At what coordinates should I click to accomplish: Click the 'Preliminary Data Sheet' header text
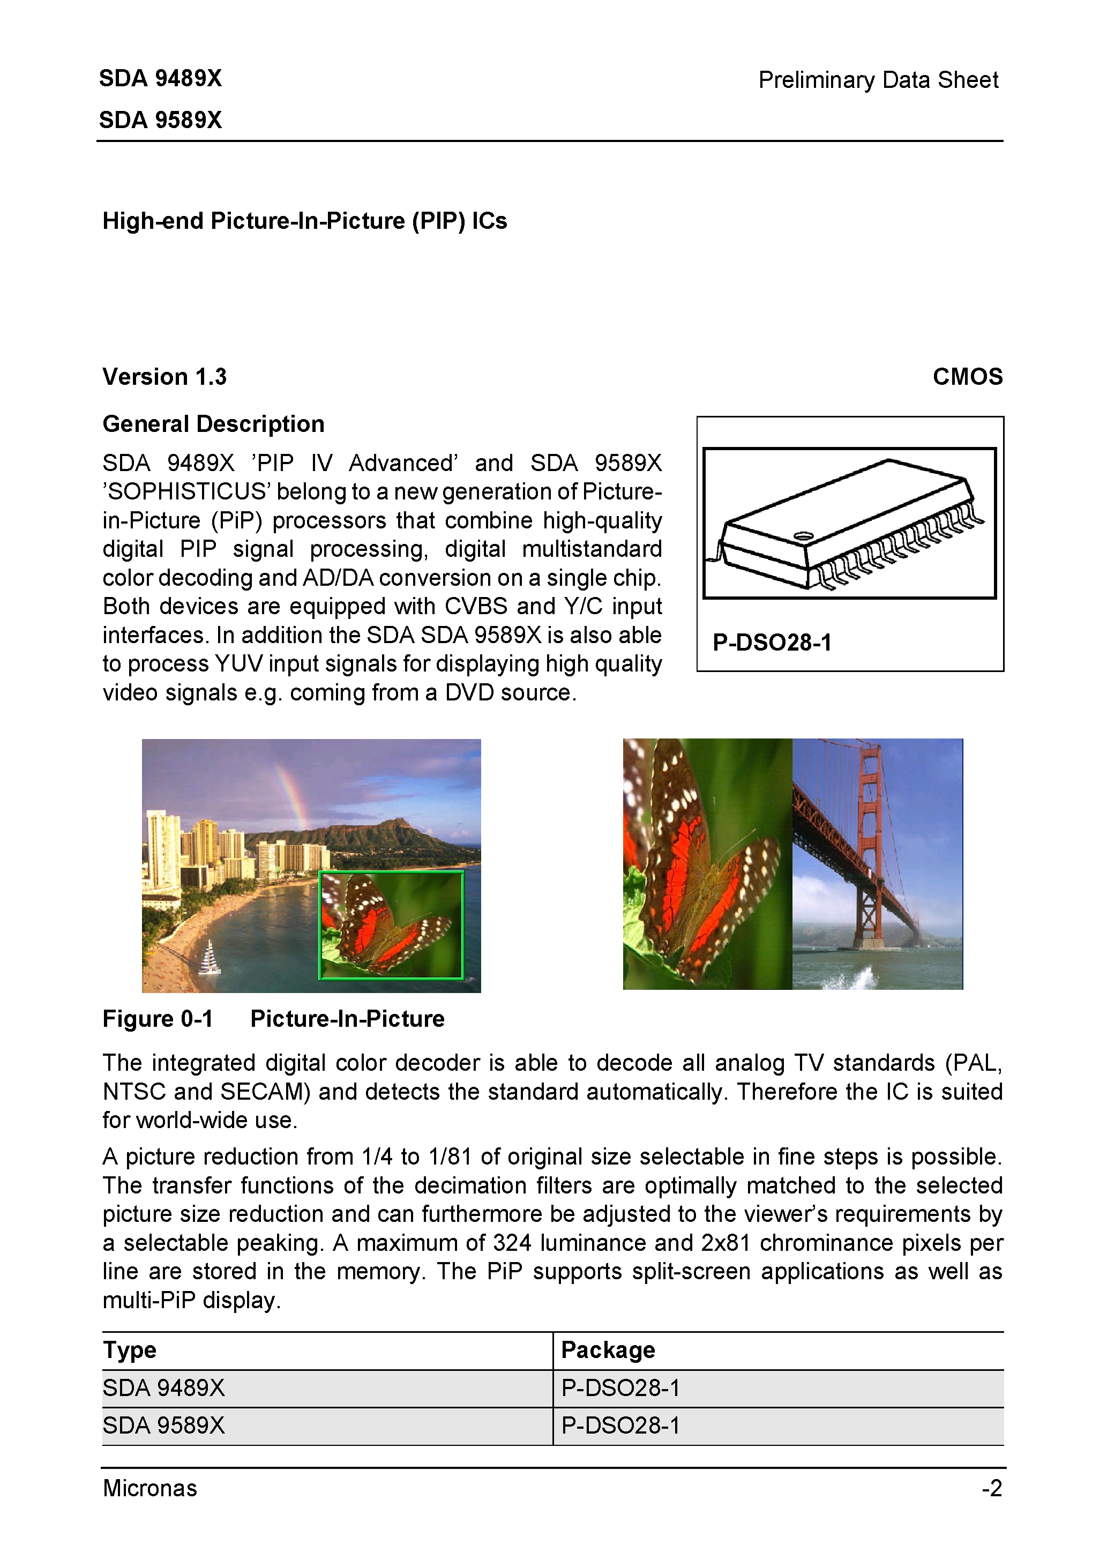tap(878, 80)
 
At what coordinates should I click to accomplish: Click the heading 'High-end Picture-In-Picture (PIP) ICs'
tap(304, 221)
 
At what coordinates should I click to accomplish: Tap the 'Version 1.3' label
tap(164, 377)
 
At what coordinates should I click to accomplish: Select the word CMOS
tap(967, 377)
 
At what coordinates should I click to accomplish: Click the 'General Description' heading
tap(213, 424)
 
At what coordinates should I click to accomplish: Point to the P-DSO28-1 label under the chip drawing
tap(772, 642)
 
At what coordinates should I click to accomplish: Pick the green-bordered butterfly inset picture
tap(391, 925)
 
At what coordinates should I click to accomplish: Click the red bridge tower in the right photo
tap(870, 846)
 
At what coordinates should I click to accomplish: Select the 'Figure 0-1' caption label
tap(158, 1019)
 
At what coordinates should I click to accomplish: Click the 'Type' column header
tap(130, 1350)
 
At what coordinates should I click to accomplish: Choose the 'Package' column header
tap(608, 1350)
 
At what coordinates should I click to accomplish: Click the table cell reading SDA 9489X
tap(164, 1387)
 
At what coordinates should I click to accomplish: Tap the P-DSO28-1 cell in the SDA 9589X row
tap(620, 1425)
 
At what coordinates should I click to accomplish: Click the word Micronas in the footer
tap(149, 1488)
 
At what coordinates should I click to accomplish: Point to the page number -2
tap(992, 1488)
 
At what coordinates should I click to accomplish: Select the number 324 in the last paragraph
tap(512, 1243)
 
